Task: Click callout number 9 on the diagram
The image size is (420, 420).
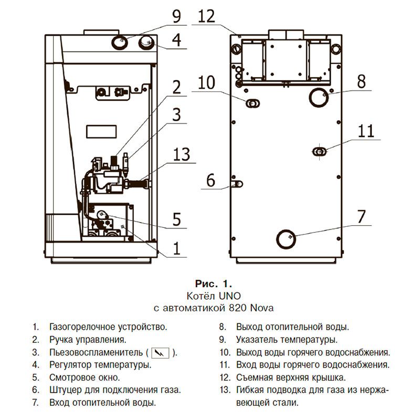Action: [x=176, y=17]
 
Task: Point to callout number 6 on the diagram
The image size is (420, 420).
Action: [x=211, y=181]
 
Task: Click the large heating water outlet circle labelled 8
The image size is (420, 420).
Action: [x=318, y=97]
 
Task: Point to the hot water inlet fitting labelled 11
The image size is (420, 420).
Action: [x=319, y=152]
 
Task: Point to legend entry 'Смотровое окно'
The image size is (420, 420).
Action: [x=85, y=377]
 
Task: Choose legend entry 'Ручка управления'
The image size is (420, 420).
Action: [x=87, y=340]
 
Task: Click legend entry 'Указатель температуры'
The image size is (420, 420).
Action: [x=286, y=340]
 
